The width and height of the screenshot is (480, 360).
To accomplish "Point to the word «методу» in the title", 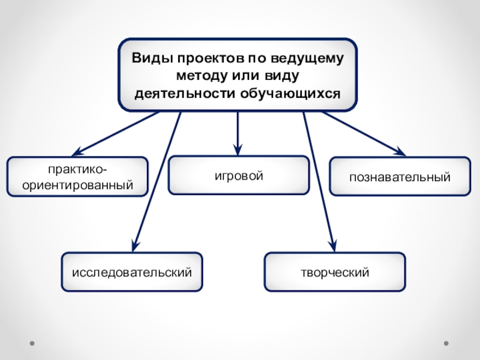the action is point(197,77).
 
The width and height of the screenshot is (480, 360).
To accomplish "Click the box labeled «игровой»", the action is point(239,176).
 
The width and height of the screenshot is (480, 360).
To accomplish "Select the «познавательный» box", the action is point(400,177).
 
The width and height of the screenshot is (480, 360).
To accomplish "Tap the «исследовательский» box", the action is point(132,272).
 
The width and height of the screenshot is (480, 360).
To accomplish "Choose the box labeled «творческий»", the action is point(335,272).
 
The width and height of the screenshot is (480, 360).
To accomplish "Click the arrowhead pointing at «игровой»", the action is point(239,150).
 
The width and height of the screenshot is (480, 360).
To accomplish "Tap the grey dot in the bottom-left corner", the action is point(32,343).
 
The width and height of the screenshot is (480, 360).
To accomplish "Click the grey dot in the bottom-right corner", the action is point(446,343).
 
